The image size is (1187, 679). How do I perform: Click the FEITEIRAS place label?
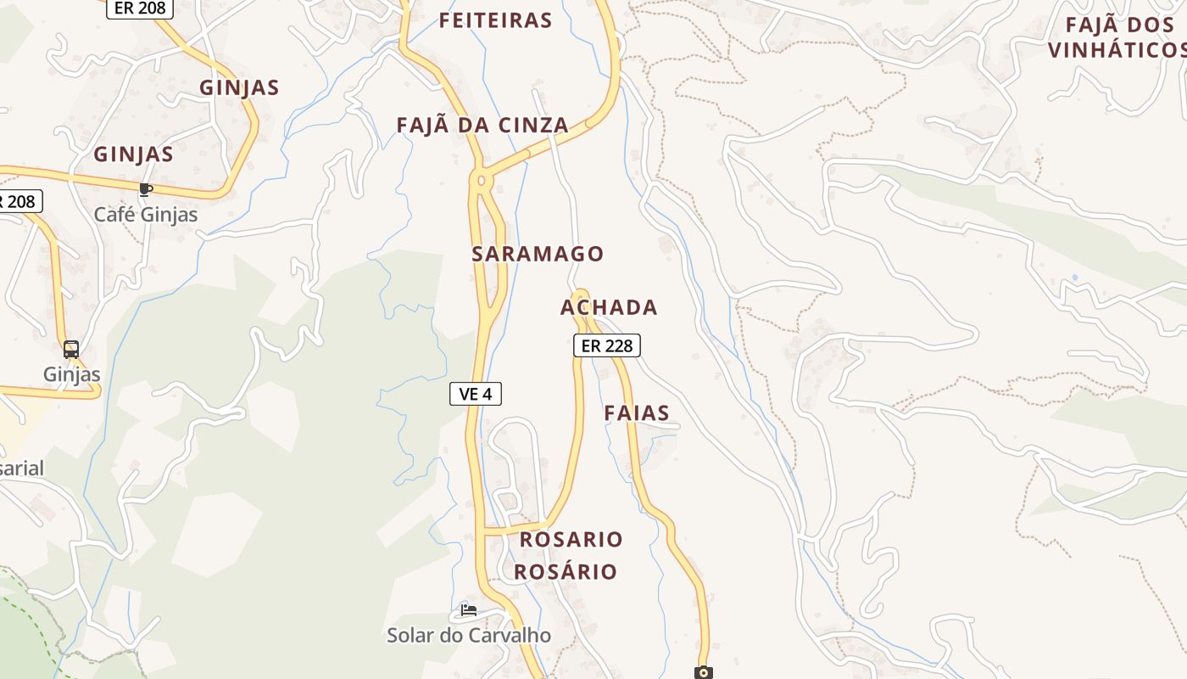[x=495, y=20]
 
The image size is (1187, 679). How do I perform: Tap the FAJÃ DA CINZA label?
[x=482, y=126]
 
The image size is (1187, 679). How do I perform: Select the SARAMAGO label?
[x=538, y=254]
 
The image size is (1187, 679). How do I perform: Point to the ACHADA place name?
[x=609, y=307]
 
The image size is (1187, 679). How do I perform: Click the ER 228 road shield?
[x=606, y=345]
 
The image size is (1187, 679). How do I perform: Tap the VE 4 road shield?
[x=476, y=394]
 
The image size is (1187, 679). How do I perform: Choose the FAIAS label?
[x=637, y=413]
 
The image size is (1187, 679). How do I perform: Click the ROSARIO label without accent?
[x=571, y=540]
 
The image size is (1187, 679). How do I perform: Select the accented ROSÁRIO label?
[x=566, y=572]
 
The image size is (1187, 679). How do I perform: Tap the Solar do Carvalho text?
[x=469, y=635]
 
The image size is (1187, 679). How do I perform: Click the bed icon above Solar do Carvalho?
[x=468, y=609]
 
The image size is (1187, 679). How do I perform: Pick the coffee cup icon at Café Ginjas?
[x=146, y=189]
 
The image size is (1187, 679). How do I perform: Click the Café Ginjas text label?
[x=146, y=215]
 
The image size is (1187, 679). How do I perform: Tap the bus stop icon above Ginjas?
[x=71, y=349]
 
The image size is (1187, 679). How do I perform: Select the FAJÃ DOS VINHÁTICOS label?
[x=1117, y=37]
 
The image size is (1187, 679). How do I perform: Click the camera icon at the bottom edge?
[x=703, y=672]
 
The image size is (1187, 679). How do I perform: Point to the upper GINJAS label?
[x=239, y=87]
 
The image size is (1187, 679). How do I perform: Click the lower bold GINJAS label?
[x=133, y=154]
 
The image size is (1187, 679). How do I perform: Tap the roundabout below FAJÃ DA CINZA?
[x=482, y=180]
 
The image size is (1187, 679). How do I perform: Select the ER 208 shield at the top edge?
[x=140, y=8]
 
